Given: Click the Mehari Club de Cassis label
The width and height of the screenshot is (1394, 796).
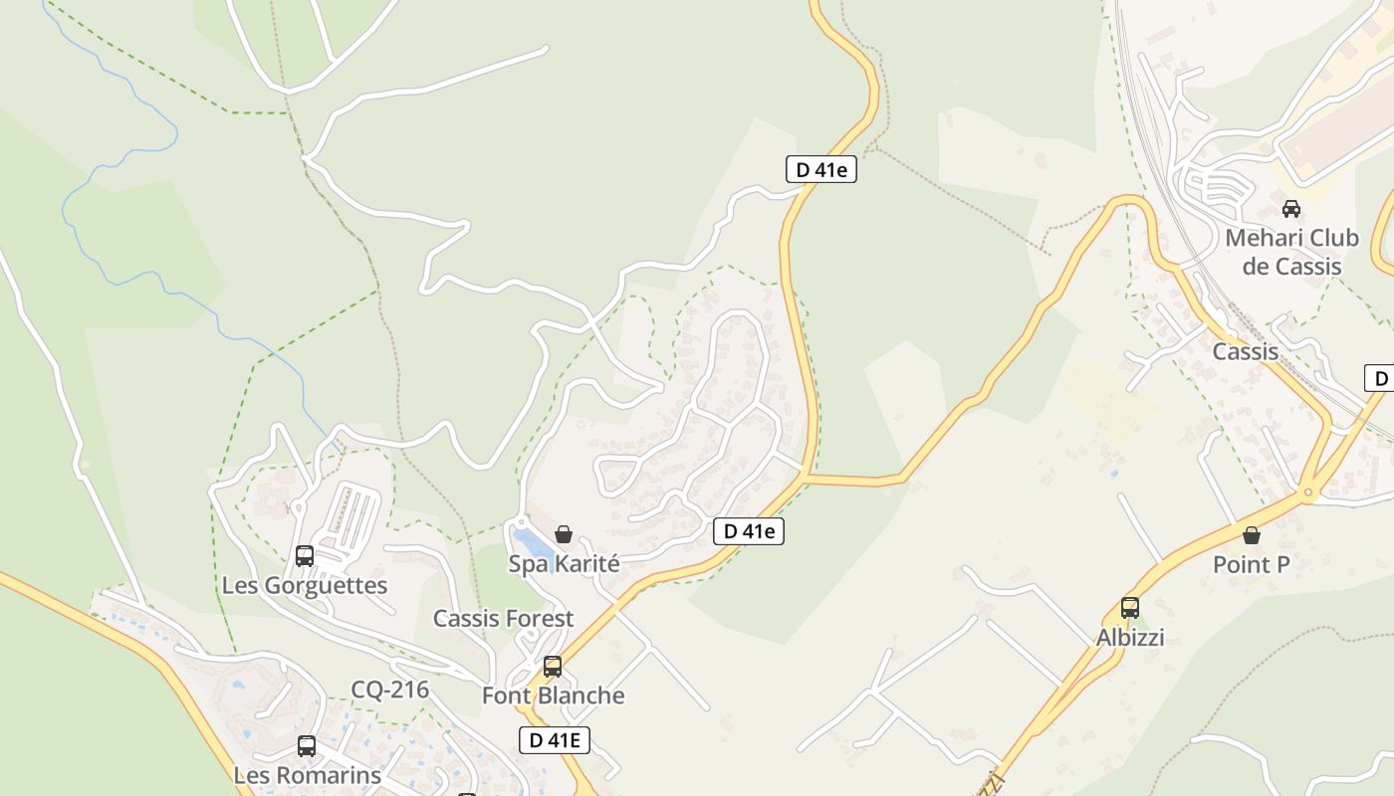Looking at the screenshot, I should click(x=1291, y=253).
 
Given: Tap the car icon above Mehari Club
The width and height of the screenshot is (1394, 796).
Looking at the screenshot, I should click(x=1291, y=209).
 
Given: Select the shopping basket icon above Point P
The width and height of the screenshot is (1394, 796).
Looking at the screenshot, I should click(x=1252, y=535).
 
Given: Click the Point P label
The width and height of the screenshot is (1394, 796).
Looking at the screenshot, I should click(x=1251, y=565).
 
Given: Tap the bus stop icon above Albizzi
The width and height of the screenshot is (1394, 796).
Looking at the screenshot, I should click(x=1130, y=607).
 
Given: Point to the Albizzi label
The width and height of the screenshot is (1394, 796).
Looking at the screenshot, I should click(x=1130, y=638).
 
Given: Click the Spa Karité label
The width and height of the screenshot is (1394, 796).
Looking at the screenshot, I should click(x=564, y=564).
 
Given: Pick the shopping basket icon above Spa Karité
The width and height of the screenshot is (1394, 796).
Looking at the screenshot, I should click(x=564, y=534).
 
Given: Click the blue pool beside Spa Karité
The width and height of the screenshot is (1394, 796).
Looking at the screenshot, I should click(x=534, y=543).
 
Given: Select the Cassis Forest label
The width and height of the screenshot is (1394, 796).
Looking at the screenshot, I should click(x=503, y=619).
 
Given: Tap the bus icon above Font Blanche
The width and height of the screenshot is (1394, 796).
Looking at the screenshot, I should click(x=553, y=666).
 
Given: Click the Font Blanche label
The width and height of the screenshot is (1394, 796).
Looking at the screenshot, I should click(x=553, y=696).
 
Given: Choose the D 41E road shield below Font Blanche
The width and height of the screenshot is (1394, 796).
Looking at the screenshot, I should click(x=555, y=739).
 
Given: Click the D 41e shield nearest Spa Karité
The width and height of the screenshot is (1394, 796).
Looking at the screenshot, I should click(x=749, y=531).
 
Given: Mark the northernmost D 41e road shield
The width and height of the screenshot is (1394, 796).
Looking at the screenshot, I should click(x=820, y=169).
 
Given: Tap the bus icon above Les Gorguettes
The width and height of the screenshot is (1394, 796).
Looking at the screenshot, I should click(x=305, y=555).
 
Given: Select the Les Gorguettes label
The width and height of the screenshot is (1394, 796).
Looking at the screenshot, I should click(x=304, y=585).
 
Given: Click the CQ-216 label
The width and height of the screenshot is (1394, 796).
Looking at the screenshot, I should click(x=389, y=690).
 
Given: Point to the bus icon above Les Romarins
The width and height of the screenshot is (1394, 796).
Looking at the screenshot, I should click(x=307, y=745).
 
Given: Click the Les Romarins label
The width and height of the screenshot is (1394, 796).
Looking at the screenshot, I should click(x=307, y=775).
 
